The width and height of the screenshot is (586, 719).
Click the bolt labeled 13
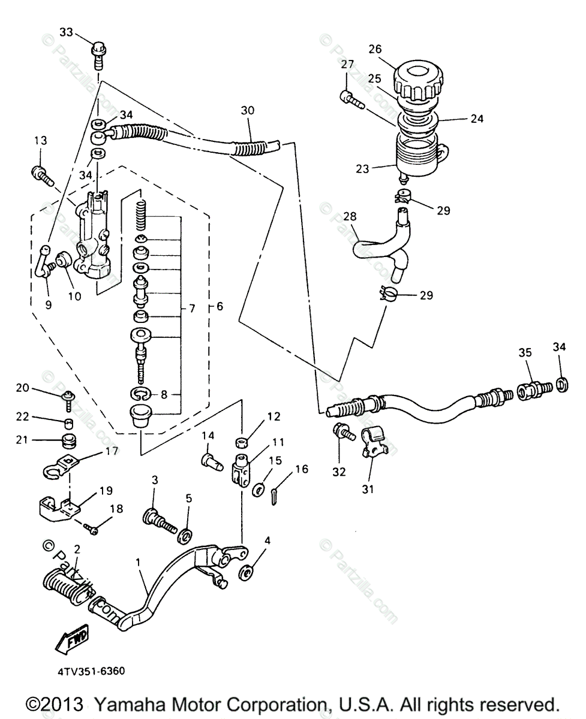click(x=43, y=174)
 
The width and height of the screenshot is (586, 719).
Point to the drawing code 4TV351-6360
click(x=91, y=670)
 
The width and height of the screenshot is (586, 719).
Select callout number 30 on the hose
click(x=247, y=110)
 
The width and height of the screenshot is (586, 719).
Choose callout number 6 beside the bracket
click(x=220, y=306)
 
